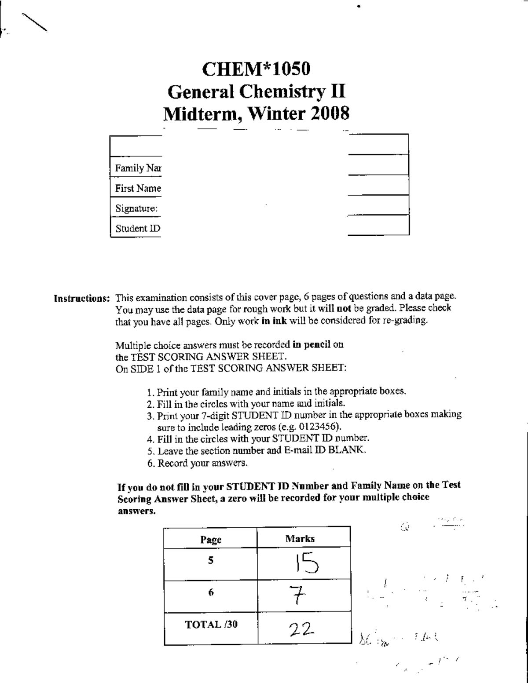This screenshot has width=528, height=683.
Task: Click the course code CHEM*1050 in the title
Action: point(256,69)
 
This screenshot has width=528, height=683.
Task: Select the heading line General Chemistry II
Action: point(256,92)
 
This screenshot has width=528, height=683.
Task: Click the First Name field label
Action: point(138,189)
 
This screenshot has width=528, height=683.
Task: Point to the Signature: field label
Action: point(136,208)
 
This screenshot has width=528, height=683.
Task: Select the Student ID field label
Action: point(137,228)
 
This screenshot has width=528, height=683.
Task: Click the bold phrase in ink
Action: point(274,321)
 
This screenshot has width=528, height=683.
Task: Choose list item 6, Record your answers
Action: point(198,463)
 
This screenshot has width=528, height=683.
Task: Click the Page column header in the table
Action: point(211,540)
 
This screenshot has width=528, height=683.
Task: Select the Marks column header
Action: point(300,538)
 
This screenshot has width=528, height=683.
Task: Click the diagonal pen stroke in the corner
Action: point(34,22)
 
